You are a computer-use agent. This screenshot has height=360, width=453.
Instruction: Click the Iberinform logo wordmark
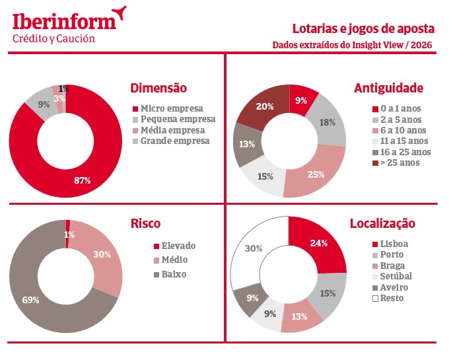[x=65, y=20]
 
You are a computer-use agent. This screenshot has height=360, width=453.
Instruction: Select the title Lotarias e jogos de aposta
[x=363, y=29]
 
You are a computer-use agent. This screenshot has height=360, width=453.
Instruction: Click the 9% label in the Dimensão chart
[x=44, y=104]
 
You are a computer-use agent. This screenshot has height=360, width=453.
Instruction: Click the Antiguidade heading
[x=388, y=89]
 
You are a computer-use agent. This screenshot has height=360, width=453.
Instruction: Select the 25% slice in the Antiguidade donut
[x=315, y=174]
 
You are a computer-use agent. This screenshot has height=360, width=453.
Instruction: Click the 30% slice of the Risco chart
[x=102, y=254]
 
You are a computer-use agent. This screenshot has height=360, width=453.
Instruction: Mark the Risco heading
[x=145, y=224]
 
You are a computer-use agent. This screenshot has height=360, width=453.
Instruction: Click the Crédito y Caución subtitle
[x=54, y=39]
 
